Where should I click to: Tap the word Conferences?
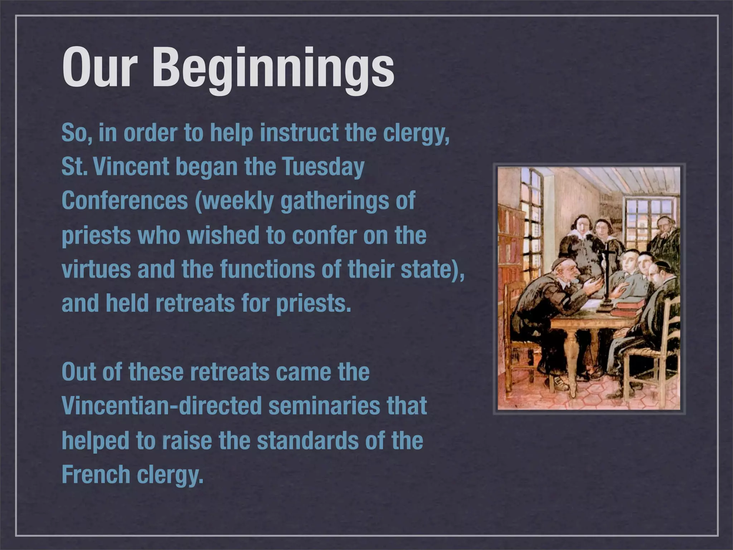125,201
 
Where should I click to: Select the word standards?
308,440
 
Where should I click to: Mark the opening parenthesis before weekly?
198,201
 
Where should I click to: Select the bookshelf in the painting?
510,251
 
